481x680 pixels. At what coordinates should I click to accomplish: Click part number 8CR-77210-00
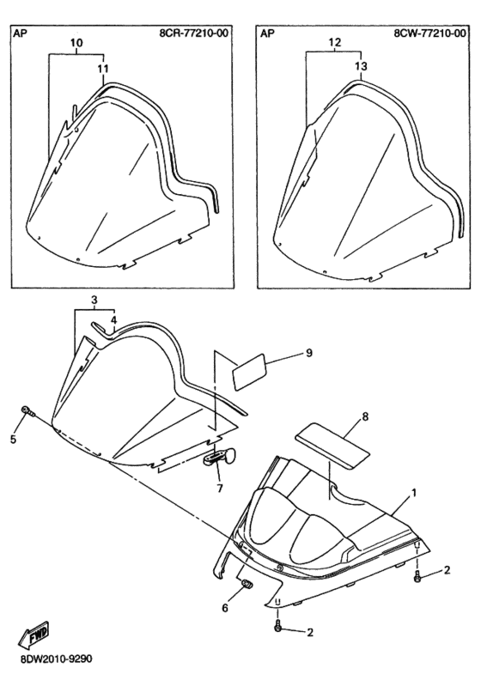[194, 33]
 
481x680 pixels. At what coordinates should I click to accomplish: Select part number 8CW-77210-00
[430, 33]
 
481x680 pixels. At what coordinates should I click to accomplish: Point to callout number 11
[103, 69]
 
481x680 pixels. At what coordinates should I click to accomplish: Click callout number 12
[335, 42]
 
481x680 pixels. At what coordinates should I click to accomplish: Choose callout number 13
[361, 66]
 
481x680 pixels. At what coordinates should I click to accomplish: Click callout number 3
[94, 300]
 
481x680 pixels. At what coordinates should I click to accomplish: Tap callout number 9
[309, 353]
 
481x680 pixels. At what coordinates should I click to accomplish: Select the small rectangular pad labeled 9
[251, 371]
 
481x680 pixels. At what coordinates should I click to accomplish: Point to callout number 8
[365, 416]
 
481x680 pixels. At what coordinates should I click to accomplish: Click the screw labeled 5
[28, 410]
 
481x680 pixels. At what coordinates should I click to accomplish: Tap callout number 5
[14, 440]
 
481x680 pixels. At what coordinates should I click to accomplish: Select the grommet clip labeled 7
[221, 457]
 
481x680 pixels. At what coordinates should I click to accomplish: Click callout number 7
[220, 489]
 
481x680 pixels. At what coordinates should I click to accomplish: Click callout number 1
[414, 493]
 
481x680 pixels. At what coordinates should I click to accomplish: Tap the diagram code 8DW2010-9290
[56, 659]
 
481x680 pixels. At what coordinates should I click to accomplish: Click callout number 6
[225, 608]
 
